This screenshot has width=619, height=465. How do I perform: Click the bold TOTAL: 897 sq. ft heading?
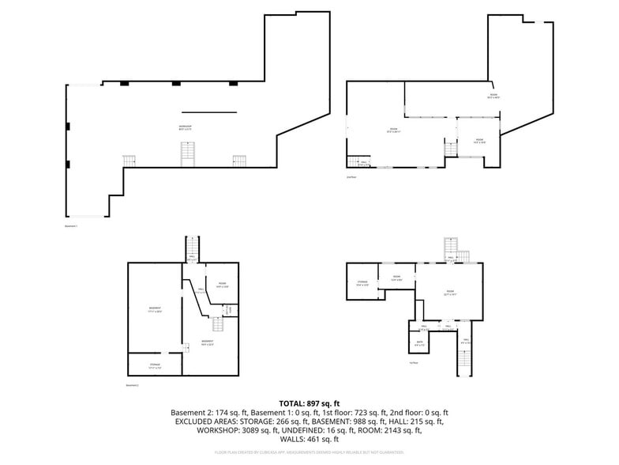tap(309, 403)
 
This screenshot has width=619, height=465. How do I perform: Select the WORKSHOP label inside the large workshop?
tap(186, 127)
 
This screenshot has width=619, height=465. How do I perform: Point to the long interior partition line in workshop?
tap(208, 112)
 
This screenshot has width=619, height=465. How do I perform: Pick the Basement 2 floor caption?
tap(133, 385)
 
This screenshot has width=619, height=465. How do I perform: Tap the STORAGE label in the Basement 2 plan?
tap(155, 365)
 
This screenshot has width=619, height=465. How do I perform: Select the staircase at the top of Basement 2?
tap(192, 246)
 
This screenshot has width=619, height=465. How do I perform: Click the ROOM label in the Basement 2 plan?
tap(223, 285)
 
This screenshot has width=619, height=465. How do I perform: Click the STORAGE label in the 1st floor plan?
tap(362, 282)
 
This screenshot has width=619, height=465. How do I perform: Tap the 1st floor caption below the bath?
tap(413, 363)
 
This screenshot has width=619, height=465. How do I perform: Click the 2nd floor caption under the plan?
tap(352, 177)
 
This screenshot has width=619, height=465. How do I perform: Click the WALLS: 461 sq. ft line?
tap(309, 439)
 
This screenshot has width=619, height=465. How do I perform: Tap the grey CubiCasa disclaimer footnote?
tap(309, 452)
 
